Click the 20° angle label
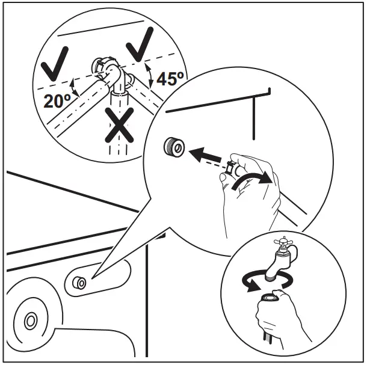(57, 100)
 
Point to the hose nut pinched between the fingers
(229, 172)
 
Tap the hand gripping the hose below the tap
(280, 319)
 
